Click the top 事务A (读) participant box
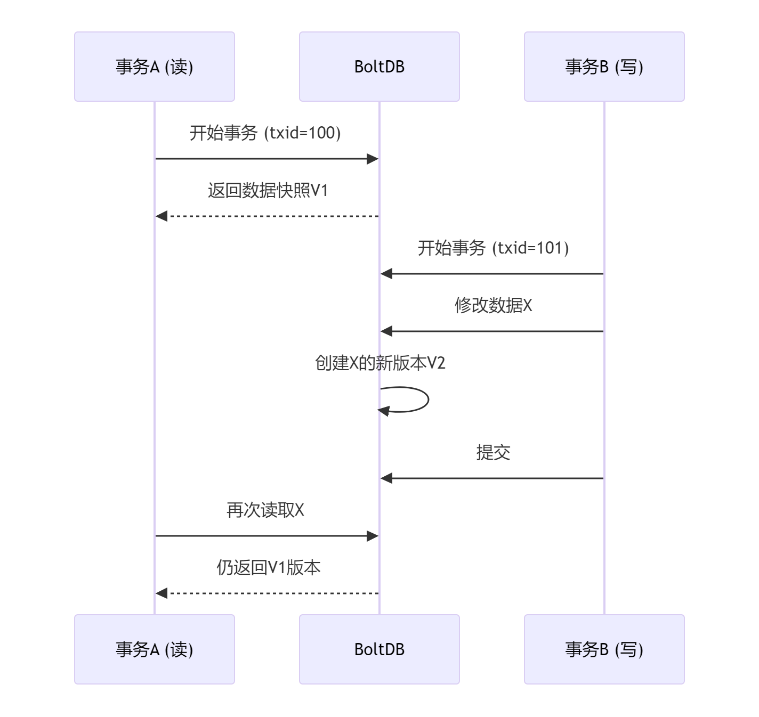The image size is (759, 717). [155, 67]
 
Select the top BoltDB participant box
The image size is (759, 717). [379, 67]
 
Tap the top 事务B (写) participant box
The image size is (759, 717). [604, 67]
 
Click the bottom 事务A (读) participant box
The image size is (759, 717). [155, 649]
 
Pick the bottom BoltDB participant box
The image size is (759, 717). [379, 649]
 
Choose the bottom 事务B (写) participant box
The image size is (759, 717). [604, 649]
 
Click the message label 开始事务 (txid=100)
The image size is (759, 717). [265, 133]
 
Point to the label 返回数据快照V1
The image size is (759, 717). [268, 190]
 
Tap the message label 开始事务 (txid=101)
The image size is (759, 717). [493, 248]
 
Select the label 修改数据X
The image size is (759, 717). [493, 305]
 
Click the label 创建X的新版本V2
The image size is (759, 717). [379, 363]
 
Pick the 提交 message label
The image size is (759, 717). [493, 452]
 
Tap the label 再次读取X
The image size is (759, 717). [265, 510]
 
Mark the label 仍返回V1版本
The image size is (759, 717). [268, 567]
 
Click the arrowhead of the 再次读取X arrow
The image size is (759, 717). [373, 536]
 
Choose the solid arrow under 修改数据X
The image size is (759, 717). [493, 331]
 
